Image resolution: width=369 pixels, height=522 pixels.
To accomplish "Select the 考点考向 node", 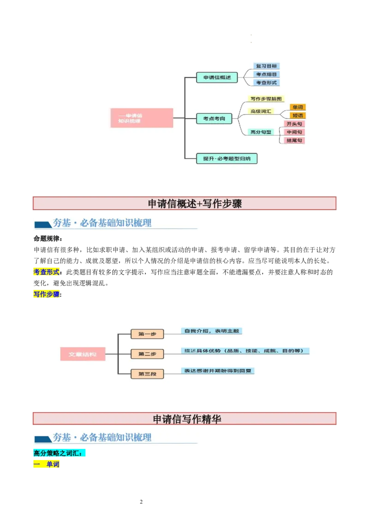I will pos(214,119).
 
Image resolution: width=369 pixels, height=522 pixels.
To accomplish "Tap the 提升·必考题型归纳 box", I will pos(227,159).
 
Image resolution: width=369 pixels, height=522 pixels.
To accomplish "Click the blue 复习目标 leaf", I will pos(267,66).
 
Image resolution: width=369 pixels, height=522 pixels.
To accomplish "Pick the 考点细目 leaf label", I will pos(267,74).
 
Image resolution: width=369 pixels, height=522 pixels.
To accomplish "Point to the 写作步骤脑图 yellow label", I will pos(267,99).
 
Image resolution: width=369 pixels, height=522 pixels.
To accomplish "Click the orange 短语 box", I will pos(298,115).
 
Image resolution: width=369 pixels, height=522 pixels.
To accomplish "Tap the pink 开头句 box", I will pos(294,124).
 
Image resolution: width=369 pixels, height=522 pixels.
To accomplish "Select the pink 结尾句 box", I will pos(294,140).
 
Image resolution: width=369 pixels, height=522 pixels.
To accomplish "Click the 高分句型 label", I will pos(261,132).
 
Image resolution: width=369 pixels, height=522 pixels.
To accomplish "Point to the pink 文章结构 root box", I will pos(83,354).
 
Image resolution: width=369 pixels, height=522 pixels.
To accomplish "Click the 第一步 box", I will pos(147,334).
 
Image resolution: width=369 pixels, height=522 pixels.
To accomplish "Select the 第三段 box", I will pos(147,374).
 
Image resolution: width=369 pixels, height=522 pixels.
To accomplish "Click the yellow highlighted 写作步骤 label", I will pos(47,294).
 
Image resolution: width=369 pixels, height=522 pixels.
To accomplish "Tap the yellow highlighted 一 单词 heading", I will pos(47,464).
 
